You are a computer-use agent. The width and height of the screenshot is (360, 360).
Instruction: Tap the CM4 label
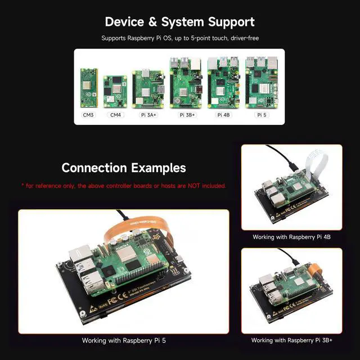[x=115, y=115]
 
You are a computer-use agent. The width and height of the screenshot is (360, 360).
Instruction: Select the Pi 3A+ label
[x=148, y=115]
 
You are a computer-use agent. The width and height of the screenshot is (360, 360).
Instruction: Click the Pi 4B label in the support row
[x=223, y=115]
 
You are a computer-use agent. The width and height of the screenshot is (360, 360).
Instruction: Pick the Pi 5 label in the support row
[x=262, y=115]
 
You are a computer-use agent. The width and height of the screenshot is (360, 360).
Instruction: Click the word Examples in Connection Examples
[x=158, y=168]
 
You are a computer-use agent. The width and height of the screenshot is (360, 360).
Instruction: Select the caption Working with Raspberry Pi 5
[x=124, y=340]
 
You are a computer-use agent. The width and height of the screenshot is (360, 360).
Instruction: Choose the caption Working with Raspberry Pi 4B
[x=291, y=237]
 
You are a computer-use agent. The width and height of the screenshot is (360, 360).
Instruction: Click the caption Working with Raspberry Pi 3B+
[x=291, y=340]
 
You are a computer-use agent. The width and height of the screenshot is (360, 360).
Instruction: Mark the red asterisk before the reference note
[x=23, y=185]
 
